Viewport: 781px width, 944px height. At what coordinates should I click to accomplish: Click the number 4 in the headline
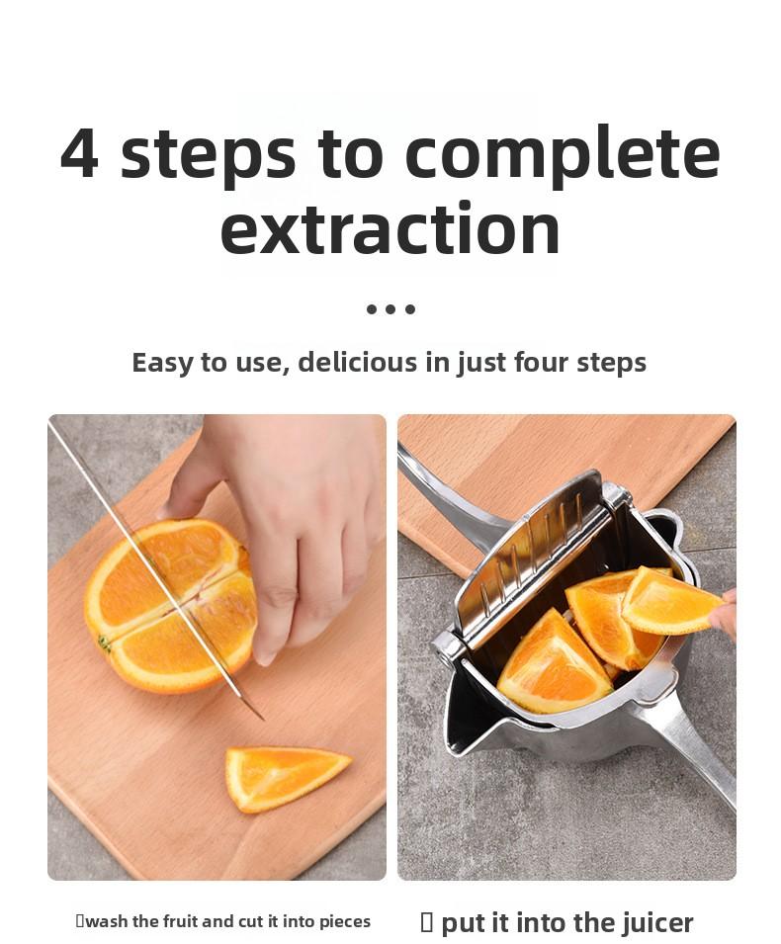(x=80, y=154)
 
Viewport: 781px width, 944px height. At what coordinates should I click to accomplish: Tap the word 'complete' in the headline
(x=562, y=154)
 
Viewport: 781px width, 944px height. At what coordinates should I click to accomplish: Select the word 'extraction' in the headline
(x=390, y=229)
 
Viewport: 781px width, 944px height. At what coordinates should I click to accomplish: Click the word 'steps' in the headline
(x=208, y=154)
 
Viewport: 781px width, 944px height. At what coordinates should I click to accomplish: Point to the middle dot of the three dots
(x=390, y=309)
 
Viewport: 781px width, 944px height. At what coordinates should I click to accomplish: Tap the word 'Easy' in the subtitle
(x=163, y=363)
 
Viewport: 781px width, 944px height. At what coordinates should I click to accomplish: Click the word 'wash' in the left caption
(x=106, y=921)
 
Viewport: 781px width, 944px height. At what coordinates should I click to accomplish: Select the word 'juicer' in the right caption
(x=657, y=923)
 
